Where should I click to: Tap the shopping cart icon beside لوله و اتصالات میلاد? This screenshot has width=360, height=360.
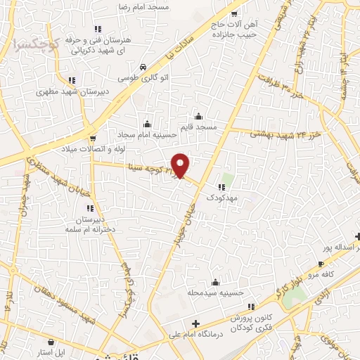pos(92,136)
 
